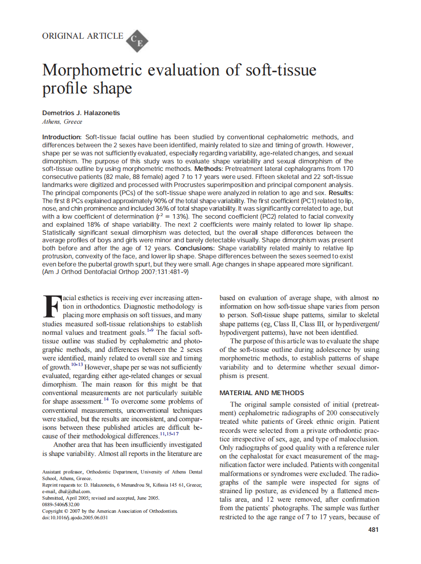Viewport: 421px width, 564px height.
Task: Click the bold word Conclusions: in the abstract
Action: coord(195,248)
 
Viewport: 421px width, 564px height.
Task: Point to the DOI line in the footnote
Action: coord(75,517)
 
